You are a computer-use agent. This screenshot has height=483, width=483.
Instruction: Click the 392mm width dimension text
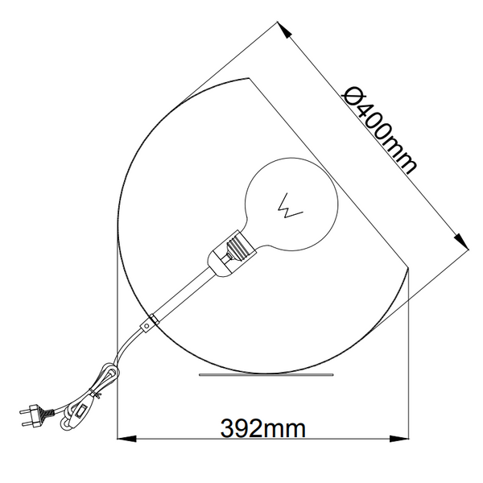tap(263, 427)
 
